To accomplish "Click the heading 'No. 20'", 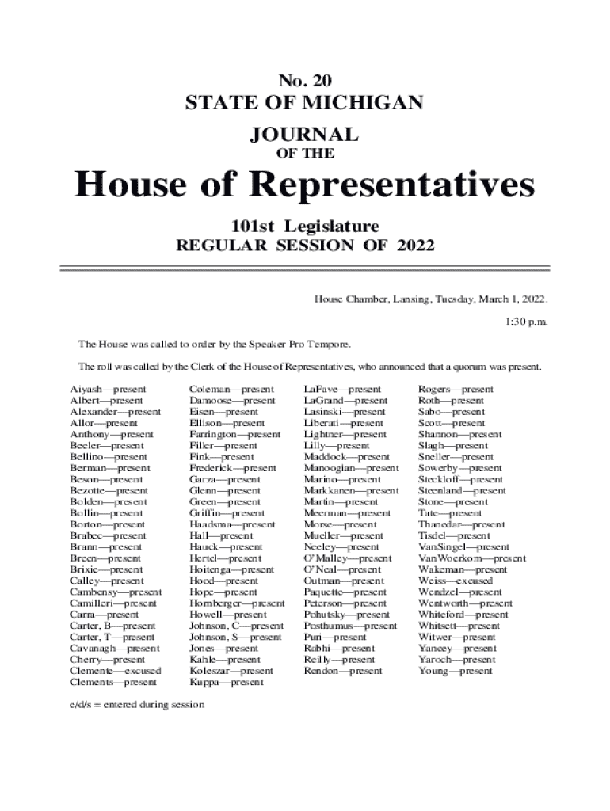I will pos(304,79).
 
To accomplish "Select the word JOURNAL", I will pos(304,134).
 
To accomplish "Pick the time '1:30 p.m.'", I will pos(526,322).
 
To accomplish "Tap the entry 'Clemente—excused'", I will pos(115,671).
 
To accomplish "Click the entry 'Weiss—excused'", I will pos(455,581).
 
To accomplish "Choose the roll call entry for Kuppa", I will pos(226,682).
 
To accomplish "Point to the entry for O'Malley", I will pos(347,558).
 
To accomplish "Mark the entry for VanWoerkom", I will pos(471,558).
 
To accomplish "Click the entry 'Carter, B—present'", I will pos(112,626).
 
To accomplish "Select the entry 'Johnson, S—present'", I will pos(234,637).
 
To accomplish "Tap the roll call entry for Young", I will pos(455,671).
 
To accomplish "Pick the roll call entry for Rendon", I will pos(342,671).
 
